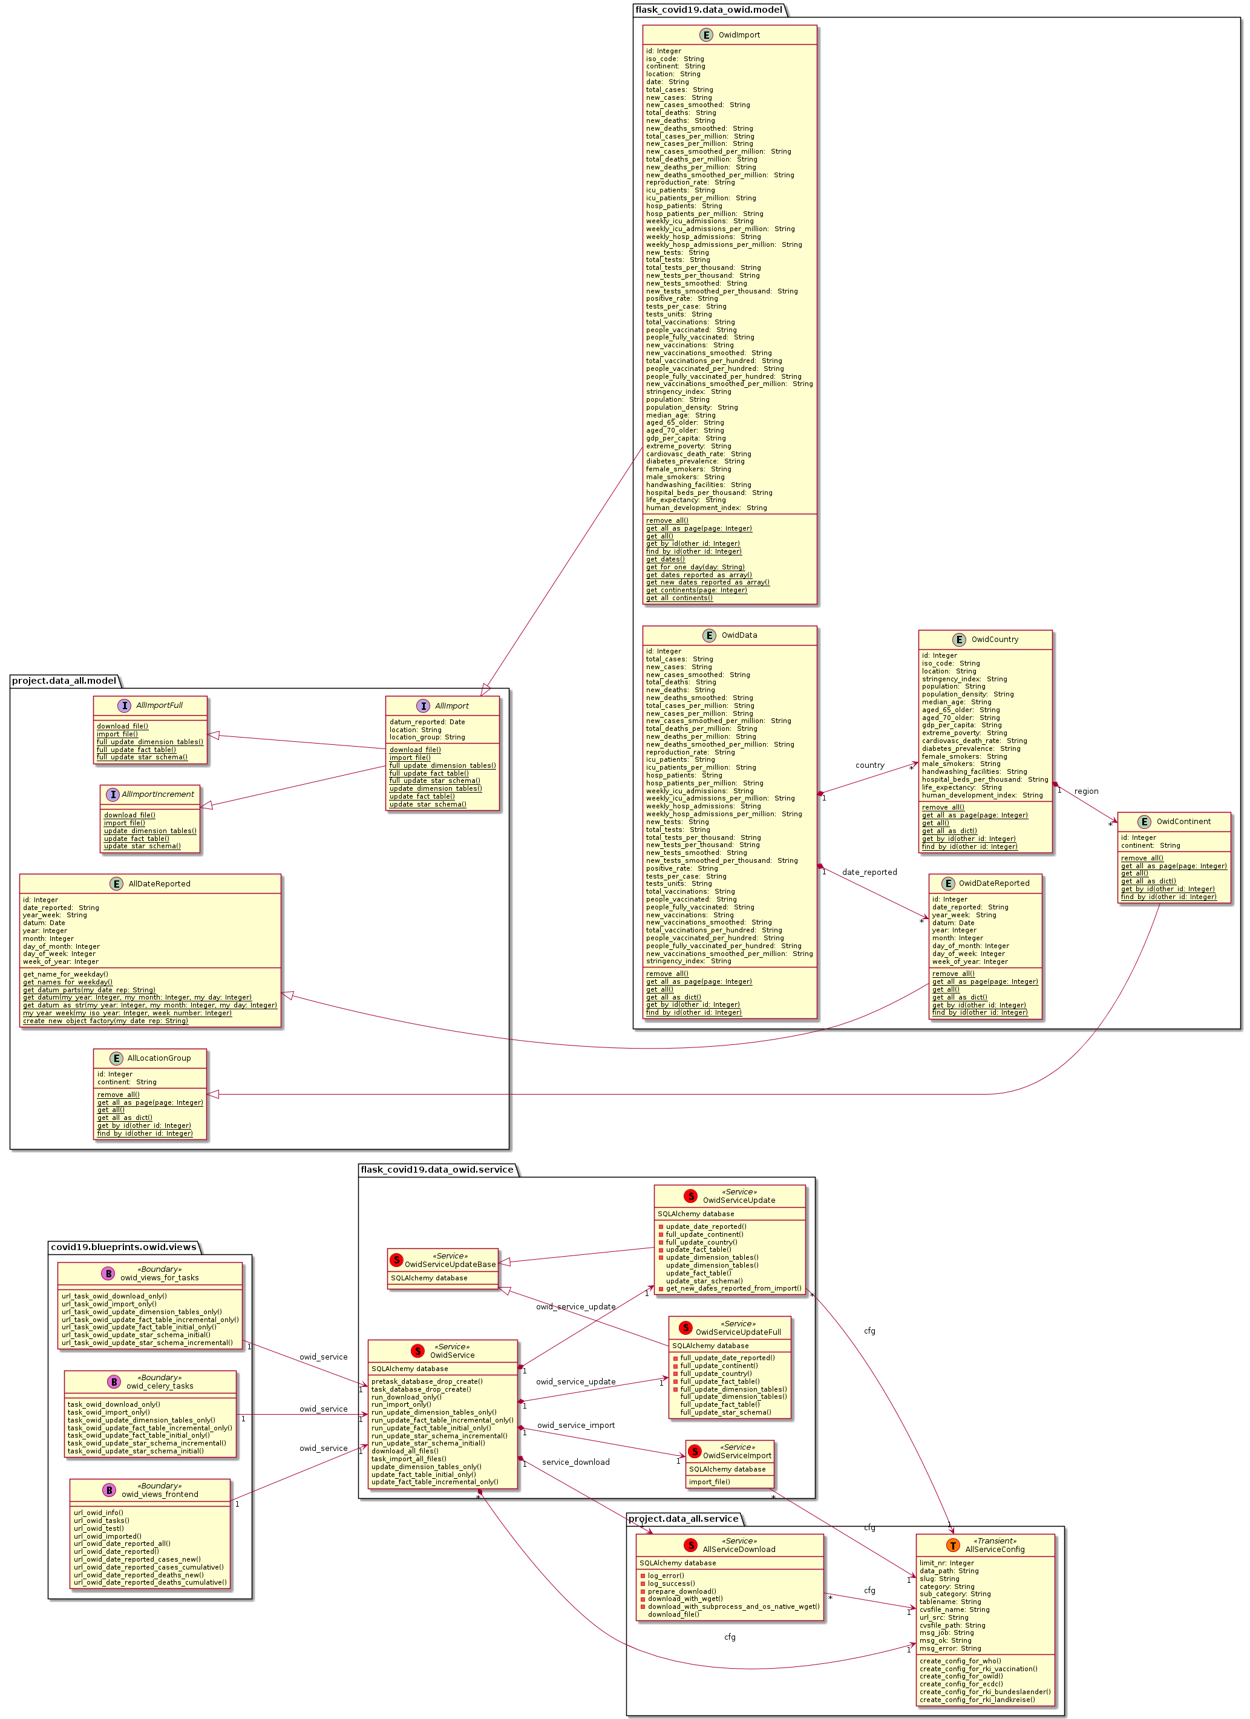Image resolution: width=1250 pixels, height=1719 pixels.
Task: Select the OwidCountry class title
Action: point(995,639)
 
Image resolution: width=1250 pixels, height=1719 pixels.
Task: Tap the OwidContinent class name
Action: point(1183,821)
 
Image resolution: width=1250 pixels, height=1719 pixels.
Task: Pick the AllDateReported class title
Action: point(159,884)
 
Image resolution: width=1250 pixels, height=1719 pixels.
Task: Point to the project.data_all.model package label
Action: point(64,681)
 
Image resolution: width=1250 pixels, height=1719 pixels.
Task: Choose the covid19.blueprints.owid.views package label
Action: point(123,1247)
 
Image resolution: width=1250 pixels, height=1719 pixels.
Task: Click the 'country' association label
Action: point(869,765)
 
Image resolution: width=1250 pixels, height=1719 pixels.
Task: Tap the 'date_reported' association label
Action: point(869,872)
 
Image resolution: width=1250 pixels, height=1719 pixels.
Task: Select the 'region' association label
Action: point(1085,791)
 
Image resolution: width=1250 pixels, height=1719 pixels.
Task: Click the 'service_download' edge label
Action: point(575,1462)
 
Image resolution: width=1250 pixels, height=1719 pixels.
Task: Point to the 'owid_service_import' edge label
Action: point(575,1425)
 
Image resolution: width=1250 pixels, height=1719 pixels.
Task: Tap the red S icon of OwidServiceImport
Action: point(695,1451)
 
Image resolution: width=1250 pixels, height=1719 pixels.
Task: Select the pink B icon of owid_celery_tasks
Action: point(114,1381)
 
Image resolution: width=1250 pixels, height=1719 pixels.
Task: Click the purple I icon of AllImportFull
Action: point(124,705)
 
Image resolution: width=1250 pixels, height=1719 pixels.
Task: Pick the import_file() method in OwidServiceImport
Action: point(708,1482)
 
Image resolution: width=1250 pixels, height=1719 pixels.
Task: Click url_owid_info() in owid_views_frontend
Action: point(98,1512)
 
